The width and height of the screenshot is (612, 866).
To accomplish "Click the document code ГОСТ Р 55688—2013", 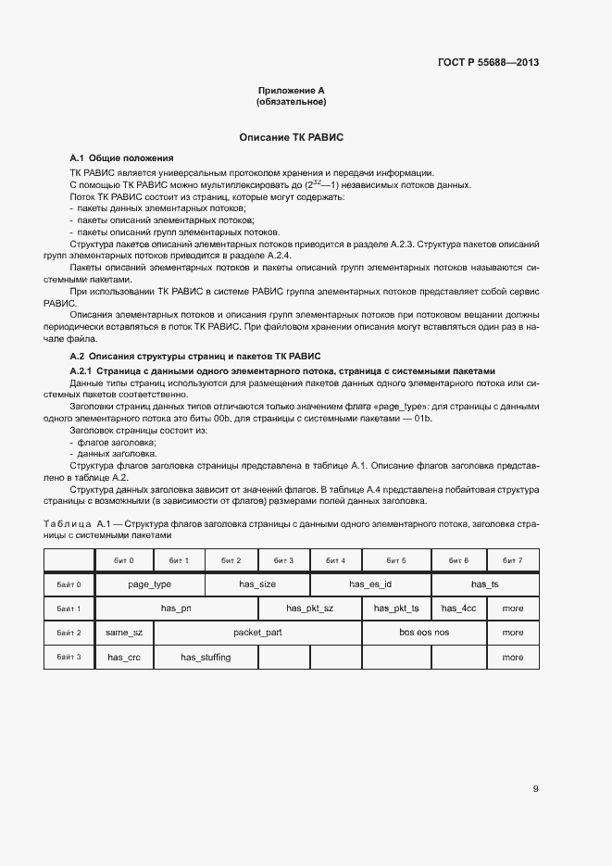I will (x=488, y=63).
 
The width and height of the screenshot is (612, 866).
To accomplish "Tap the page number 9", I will (x=536, y=789).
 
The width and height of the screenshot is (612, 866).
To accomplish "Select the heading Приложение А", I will (x=291, y=91).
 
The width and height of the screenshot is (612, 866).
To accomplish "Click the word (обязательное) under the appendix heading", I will (x=291, y=102).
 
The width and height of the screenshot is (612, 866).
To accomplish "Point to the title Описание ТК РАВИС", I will (x=291, y=137).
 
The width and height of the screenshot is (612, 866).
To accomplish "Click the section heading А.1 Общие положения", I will (x=121, y=157).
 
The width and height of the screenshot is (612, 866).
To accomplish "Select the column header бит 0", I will (x=124, y=560).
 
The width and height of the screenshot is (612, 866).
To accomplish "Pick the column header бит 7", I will (x=512, y=560).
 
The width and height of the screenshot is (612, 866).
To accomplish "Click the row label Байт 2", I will (x=69, y=633).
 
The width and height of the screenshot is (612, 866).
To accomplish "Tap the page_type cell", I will (x=149, y=584).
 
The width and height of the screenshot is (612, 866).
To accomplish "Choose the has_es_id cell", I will (x=370, y=584).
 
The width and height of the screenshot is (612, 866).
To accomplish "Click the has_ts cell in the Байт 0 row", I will (x=484, y=584).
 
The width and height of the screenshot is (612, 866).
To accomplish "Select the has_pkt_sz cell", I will (x=309, y=609).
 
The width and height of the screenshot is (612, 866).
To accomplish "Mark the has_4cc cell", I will (x=459, y=609).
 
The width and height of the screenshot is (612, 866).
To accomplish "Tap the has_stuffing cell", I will (x=206, y=657).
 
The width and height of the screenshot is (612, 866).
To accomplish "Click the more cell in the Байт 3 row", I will (x=512, y=657).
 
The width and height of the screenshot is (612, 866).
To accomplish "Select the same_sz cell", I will (x=124, y=633).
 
